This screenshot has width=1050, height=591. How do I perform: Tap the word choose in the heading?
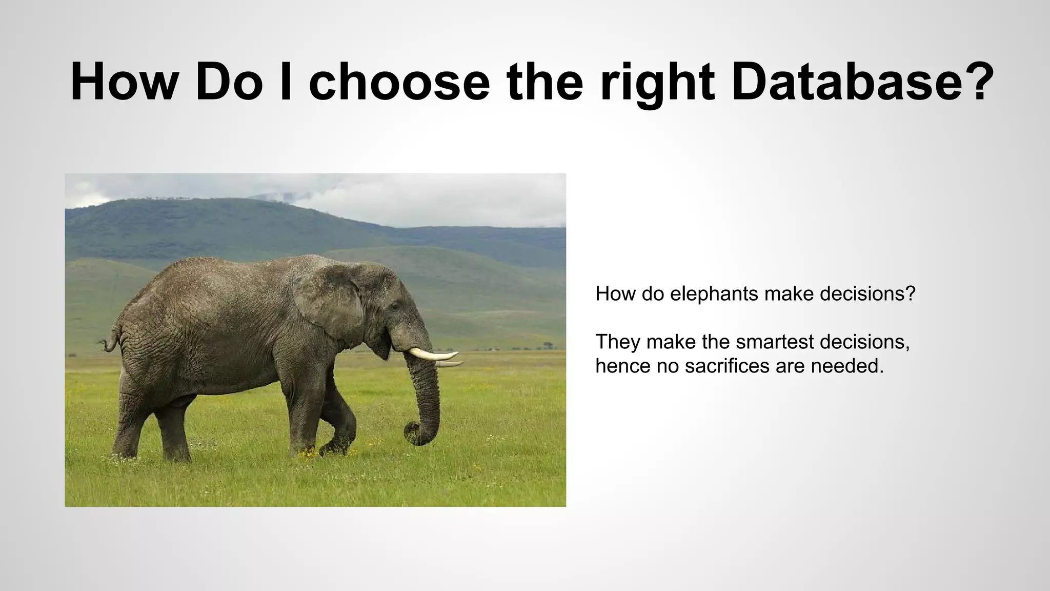coord(399,82)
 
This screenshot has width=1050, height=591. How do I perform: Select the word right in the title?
coord(657,82)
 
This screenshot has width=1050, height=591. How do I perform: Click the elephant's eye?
coord(394,306)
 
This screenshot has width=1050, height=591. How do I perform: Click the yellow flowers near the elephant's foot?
coord(308,454)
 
